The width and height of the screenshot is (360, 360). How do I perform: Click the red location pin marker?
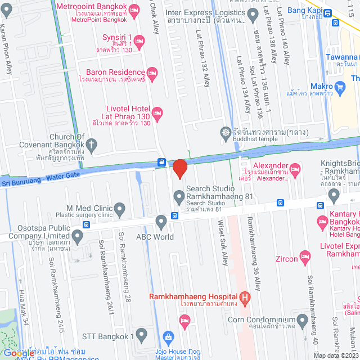pos(179,169)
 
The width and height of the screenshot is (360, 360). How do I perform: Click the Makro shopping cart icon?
pos(340,87)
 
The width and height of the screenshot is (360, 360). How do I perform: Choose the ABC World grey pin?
pos(161,221)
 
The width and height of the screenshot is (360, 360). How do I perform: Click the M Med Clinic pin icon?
pos(120,210)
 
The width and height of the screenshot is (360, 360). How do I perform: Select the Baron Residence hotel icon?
pos(151,72)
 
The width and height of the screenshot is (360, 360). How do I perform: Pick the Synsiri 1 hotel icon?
pos(140,40)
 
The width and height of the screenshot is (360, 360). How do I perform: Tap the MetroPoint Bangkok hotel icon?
pos(134,10)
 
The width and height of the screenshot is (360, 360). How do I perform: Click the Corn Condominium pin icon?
pos(303,321)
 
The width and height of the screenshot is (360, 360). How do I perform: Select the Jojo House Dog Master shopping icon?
pos(167,337)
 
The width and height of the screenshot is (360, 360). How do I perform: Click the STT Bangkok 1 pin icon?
pos(141,336)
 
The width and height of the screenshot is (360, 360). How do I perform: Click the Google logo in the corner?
pos(19,353)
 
